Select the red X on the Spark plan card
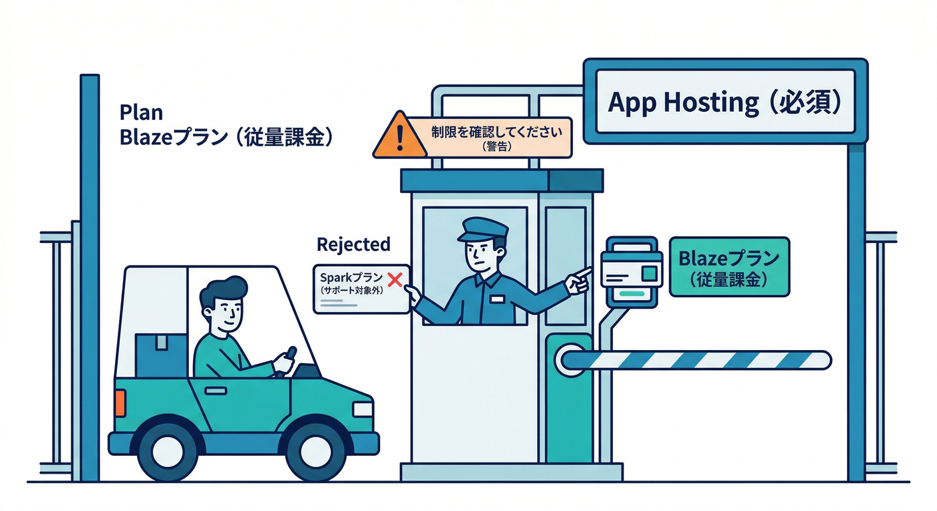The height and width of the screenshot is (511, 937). pos(395,279)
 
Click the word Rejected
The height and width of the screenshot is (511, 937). pos(353,245)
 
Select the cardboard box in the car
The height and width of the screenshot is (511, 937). pos(160,353)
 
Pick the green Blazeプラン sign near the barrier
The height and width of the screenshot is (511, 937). pos(729,266)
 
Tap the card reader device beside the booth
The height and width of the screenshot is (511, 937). pos(631,270)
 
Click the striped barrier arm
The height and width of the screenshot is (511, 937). pos(699,360)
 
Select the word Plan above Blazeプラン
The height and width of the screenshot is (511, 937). pos(141,112)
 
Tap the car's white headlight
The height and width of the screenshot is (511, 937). pos(363,408)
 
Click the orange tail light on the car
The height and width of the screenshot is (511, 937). pos(120,403)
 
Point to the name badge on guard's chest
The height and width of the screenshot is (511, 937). pos(497,299)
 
